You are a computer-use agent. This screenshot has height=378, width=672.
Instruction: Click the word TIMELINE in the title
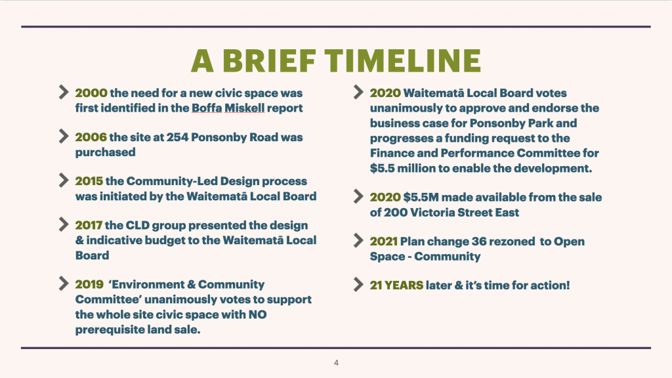point(402,60)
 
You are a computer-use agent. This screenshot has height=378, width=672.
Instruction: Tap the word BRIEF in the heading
point(269,60)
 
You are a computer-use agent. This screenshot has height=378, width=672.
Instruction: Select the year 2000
point(91,93)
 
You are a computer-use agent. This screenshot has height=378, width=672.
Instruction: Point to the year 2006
point(91,137)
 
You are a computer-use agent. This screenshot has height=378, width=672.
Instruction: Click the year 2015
point(89,181)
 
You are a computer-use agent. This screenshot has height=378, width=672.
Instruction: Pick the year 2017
point(89,226)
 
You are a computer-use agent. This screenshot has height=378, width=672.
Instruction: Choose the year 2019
point(89,285)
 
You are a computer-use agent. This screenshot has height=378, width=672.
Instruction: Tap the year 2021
point(383,241)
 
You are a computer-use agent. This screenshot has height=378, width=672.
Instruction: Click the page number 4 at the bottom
point(336,363)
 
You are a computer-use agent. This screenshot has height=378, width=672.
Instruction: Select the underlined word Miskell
point(245,108)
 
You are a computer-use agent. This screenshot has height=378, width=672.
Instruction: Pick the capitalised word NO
point(257,314)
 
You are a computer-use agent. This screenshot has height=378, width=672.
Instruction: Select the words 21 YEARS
point(396,285)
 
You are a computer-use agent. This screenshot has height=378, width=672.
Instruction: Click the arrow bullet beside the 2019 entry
point(64,283)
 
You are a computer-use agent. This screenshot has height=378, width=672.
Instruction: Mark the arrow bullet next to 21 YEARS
point(358,285)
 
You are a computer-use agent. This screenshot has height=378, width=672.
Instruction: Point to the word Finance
point(392,153)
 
